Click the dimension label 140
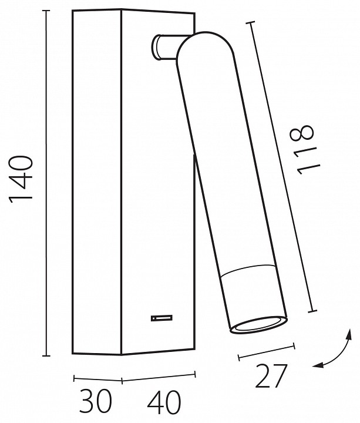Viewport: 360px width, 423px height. tap(21, 179)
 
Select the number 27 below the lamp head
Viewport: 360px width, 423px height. tap(271, 377)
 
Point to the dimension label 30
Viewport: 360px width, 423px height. tap(96, 401)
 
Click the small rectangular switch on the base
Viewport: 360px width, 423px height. tap(162, 318)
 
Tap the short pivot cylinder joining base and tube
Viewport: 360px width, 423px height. tap(164, 46)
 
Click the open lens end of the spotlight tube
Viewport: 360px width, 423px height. tap(258, 324)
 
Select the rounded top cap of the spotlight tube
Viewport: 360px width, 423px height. tap(204, 46)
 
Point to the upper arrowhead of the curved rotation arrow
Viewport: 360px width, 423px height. tap(349, 334)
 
